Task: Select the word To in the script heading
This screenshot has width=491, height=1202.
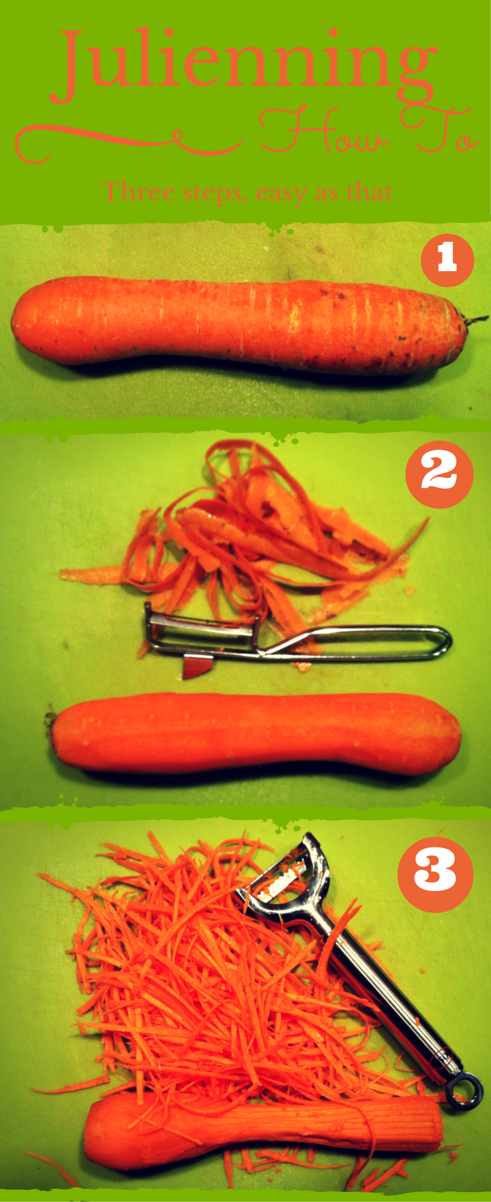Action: pyautogui.click(x=439, y=131)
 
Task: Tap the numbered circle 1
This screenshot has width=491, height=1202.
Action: pyautogui.click(x=447, y=259)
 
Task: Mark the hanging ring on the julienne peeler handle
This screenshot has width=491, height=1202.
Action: pyautogui.click(x=464, y=1090)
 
